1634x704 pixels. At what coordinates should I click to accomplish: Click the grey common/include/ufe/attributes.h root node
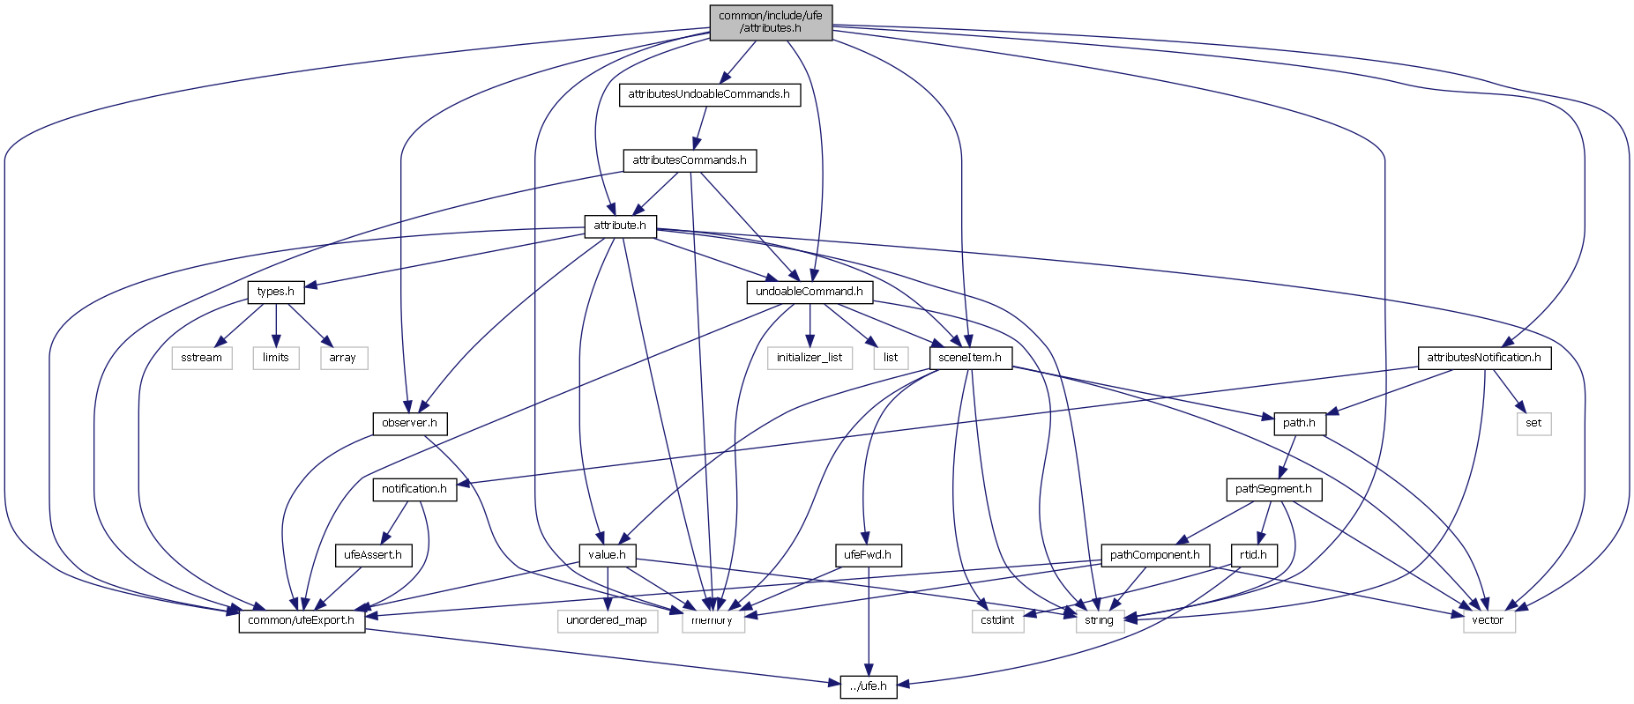[770, 22]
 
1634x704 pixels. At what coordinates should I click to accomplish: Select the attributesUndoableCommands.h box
[709, 94]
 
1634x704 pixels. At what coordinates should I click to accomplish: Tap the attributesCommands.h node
[690, 160]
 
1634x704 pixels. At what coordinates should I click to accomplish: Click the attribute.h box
[619, 226]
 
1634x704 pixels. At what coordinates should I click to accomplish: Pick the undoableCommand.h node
[810, 292]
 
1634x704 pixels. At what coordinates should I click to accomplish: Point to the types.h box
[275, 292]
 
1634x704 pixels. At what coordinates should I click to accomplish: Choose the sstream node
[201, 358]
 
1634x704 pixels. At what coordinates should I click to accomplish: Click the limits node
[275, 358]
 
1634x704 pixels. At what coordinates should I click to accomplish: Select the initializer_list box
[810, 358]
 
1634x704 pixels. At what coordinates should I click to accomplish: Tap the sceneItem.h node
[970, 358]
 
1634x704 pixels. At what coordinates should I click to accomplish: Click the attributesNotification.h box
[1484, 358]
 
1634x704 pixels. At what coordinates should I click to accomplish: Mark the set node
[1533, 423]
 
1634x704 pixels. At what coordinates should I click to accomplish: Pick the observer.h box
[409, 423]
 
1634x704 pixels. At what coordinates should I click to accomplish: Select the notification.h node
[414, 489]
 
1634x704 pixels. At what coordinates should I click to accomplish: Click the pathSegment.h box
[1273, 489]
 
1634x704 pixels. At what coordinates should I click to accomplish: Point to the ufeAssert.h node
[372, 555]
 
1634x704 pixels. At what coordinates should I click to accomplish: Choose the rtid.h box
[1253, 555]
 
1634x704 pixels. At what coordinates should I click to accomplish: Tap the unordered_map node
[607, 620]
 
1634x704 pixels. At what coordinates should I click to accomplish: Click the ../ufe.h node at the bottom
[869, 686]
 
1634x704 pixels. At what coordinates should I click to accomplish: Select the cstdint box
[997, 620]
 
